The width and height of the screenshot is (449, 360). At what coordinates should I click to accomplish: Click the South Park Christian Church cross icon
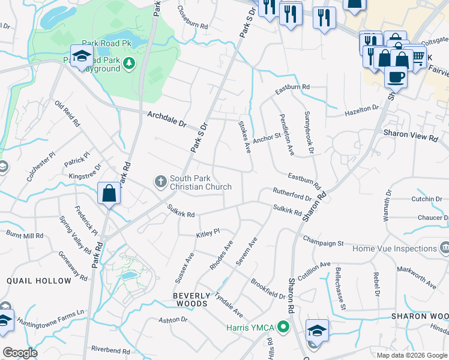pos(160,181)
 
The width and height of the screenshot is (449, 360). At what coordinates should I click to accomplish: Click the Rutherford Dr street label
pos(292,194)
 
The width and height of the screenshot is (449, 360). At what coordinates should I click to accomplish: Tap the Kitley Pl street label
pos(208,232)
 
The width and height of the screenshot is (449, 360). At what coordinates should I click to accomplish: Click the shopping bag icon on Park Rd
pos(109,193)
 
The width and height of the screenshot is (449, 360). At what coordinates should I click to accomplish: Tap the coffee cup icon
pos(396,76)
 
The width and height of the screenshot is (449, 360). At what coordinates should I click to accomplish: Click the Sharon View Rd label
pos(411,137)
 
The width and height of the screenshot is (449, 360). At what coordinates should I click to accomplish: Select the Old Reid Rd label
pos(67,113)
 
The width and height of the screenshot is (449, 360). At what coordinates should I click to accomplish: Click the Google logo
pos(20,353)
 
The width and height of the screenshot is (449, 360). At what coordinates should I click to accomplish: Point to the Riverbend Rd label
pos(110,350)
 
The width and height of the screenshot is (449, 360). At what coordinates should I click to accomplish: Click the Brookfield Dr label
pos(268,289)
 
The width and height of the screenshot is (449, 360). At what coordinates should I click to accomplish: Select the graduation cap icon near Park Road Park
pos(81,56)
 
